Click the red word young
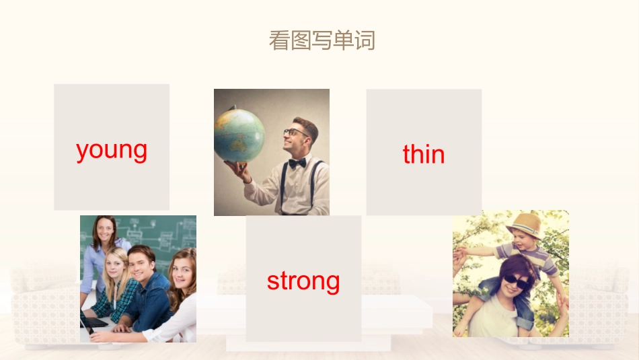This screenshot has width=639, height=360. point(112,149)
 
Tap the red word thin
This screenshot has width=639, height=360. point(424,155)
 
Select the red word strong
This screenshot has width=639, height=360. point(303,281)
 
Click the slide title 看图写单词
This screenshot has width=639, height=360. point(322,40)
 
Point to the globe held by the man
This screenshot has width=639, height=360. point(239,135)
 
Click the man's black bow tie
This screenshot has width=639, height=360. point(297,162)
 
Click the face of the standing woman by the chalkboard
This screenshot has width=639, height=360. point(106,231)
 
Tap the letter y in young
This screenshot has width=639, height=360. point(82,151)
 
